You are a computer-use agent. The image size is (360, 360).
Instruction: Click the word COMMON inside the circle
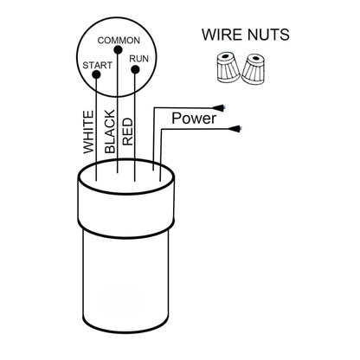click(119, 41)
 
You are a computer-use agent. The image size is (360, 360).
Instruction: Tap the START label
click(97, 66)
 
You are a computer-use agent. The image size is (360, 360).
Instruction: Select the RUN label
click(138, 59)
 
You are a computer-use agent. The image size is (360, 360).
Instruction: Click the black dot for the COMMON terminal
click(118, 50)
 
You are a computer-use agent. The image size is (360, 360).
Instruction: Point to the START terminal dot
click(96, 74)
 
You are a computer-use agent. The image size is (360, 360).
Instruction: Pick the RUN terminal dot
click(135, 70)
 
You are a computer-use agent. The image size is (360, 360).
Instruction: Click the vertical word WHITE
click(88, 132)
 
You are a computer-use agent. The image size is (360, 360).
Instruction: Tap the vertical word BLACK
click(110, 132)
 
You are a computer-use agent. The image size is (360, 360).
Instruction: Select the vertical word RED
click(128, 132)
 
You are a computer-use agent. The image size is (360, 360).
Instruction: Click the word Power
click(194, 119)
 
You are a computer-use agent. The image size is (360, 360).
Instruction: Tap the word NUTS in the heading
click(267, 35)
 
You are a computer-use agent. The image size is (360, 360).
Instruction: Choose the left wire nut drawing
click(228, 68)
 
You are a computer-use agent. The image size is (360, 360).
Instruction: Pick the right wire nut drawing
click(254, 69)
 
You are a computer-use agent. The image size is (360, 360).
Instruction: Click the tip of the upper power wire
click(224, 107)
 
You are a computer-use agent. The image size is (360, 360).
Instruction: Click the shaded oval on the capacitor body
click(123, 299)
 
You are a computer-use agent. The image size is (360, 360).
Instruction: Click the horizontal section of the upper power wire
click(184, 108)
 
